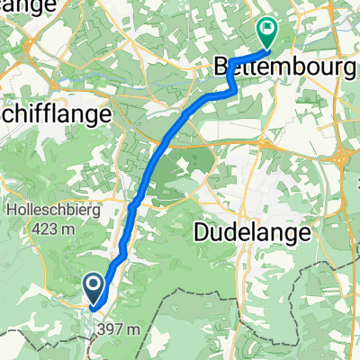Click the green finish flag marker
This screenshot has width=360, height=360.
tap(267, 32)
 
